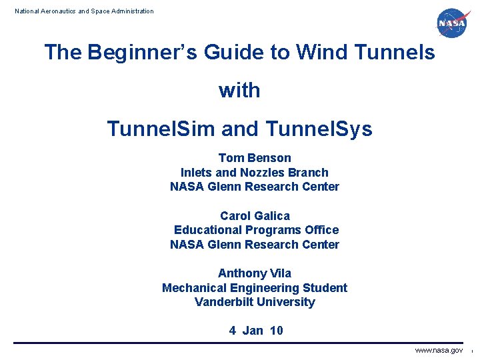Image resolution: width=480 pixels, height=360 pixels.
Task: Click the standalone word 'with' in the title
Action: tap(239, 91)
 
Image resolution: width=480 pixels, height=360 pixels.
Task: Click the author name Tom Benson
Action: tap(255, 158)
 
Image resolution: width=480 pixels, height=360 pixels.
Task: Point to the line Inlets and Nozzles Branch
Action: tap(255, 173)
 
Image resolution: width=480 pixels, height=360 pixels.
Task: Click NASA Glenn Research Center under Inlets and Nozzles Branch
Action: tap(255, 187)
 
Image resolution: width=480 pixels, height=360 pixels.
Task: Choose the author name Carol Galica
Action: tap(255, 216)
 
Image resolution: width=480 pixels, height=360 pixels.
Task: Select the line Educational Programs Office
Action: tap(256, 230)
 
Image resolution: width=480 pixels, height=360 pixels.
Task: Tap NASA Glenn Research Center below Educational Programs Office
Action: tap(255, 245)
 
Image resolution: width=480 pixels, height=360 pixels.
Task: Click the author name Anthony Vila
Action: tap(255, 273)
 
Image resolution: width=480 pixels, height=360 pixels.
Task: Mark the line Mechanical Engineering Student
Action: tap(255, 288)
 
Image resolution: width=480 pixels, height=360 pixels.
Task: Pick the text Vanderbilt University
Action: tap(255, 302)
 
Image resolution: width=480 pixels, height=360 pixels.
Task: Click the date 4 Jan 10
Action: tap(256, 331)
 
